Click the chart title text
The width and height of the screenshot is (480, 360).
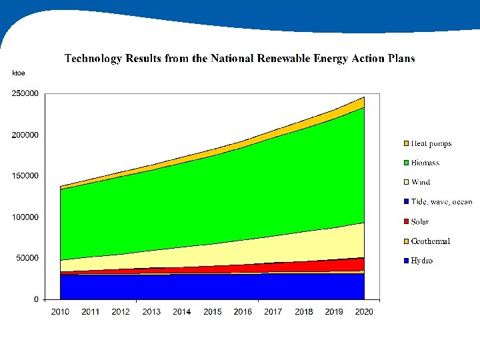tap(239, 59)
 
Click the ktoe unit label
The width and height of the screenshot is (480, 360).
tap(19, 73)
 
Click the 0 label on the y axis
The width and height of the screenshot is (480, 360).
tap(36, 299)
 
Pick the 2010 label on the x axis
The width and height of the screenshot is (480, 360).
tap(60, 312)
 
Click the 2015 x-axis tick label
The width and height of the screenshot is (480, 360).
tap(213, 312)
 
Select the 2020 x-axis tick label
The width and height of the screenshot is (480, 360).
tap(365, 312)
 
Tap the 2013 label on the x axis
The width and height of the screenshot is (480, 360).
tap(151, 312)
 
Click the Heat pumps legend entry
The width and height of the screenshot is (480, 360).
tap(431, 143)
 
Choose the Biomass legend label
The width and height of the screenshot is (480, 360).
tap(425, 163)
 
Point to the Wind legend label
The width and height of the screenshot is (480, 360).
tap(420, 182)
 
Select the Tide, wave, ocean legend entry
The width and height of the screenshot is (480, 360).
tap(441, 202)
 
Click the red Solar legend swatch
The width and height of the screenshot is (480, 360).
tap(405, 222)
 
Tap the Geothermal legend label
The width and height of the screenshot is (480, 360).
tap(430, 241)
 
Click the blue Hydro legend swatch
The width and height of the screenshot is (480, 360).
tap(405, 261)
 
